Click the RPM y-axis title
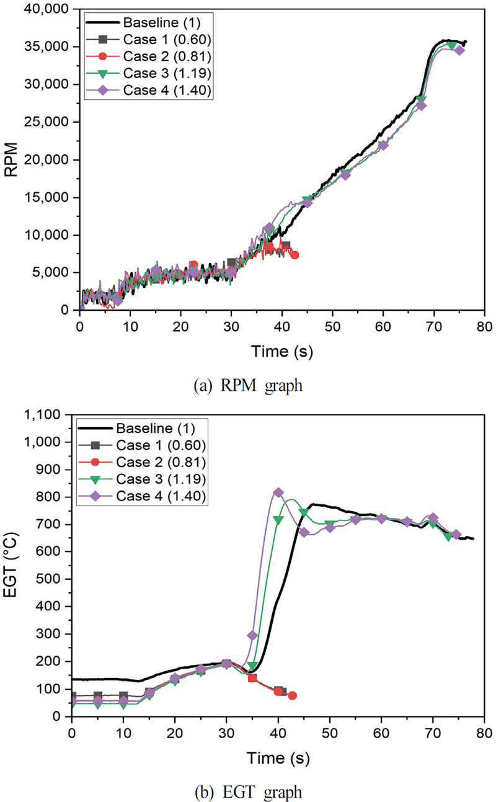pyautogui.click(x=14, y=159)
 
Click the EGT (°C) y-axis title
pyautogui.click(x=14, y=565)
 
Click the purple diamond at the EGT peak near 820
pyautogui.click(x=278, y=492)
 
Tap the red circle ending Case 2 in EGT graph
pyautogui.click(x=292, y=695)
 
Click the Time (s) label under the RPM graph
pyautogui.click(x=281, y=352)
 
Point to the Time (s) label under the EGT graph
pyautogui.click(x=277, y=758)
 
